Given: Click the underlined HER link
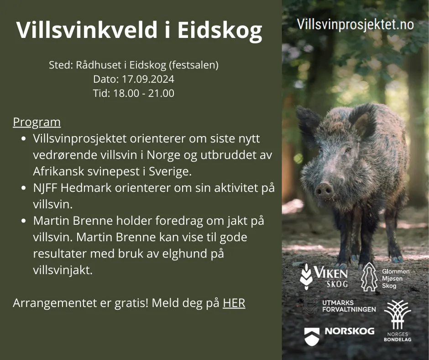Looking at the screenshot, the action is [234, 303].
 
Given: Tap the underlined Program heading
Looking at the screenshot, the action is [37, 122].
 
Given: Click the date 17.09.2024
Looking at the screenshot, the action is [148, 79].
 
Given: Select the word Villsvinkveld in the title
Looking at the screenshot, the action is [87, 30].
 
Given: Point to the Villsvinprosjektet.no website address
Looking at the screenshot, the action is [355, 24].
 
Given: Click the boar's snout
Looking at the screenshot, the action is [324, 190].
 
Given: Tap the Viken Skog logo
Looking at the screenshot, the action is [324, 276].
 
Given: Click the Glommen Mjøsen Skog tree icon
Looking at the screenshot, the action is [369, 277].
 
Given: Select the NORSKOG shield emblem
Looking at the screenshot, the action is [312, 336].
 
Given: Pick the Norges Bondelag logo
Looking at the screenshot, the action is [398, 321].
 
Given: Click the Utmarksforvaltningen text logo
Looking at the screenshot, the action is [349, 306].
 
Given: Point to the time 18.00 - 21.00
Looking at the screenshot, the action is [144, 93].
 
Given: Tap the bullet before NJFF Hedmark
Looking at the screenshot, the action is [24, 188].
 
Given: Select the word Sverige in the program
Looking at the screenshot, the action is [170, 171].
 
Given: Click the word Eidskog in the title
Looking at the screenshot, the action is [220, 30].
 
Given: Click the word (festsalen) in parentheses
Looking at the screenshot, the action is [194, 65].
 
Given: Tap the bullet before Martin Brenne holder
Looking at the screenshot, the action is [24, 221].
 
